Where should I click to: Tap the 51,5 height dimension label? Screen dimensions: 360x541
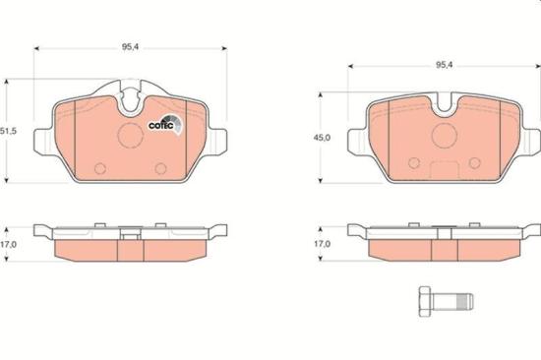tap(9, 131)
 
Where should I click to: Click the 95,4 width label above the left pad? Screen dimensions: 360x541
tap(130, 45)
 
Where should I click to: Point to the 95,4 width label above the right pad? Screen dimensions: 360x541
tap(445, 64)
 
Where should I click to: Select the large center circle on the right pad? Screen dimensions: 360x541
tap(445, 136)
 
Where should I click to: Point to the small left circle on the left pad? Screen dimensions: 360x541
tap(98, 167)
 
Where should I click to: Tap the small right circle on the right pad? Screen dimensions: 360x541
tap(478, 162)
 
